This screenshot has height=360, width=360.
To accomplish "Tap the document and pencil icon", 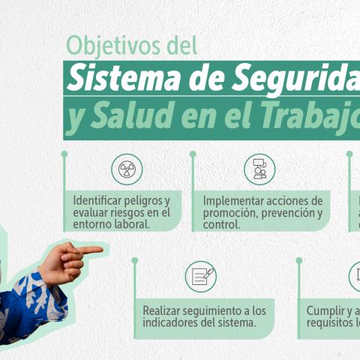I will click(x=201, y=276).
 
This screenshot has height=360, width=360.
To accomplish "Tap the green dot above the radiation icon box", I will click(x=64, y=154).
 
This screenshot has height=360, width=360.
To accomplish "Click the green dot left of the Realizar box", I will click(x=135, y=261).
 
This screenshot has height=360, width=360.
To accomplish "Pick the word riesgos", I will click(x=128, y=212).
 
